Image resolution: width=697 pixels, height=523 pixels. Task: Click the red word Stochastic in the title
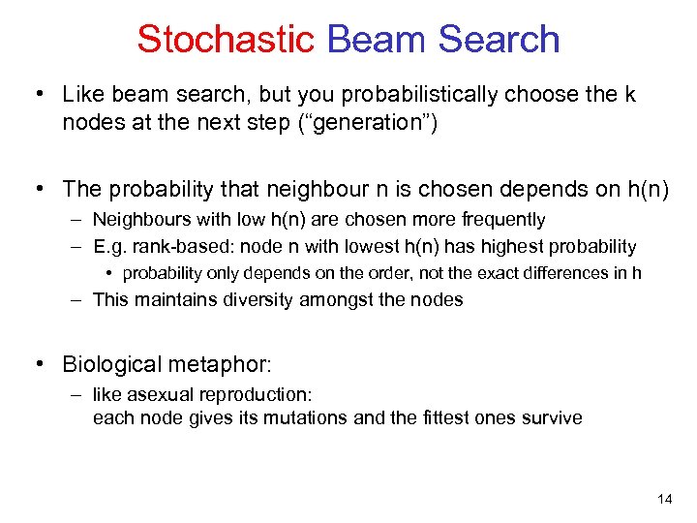tap(226, 39)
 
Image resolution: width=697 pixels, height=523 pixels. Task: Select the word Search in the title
tap(499, 39)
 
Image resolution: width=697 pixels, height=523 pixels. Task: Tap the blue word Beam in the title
tap(377, 39)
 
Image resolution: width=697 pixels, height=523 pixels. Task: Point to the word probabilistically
tap(398, 94)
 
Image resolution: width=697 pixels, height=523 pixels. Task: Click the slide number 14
tap(664, 499)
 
